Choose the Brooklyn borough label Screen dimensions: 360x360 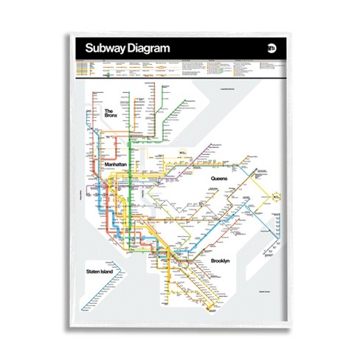220,261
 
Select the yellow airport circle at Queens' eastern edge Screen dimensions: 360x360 275,197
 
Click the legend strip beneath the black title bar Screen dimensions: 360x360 179,69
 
